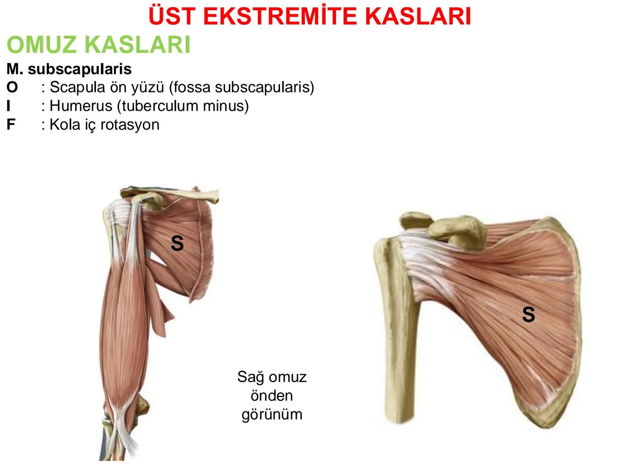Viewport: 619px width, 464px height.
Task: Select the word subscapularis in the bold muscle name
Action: (x=80, y=69)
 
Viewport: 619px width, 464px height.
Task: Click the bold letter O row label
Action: (x=12, y=87)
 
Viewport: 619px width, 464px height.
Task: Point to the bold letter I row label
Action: (x=9, y=106)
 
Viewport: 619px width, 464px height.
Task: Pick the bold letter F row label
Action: (x=11, y=125)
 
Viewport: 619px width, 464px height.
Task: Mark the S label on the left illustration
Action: (x=177, y=244)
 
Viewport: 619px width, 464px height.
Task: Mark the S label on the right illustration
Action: (x=528, y=314)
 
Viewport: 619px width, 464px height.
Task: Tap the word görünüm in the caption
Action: (x=272, y=414)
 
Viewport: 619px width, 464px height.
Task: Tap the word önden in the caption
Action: (x=272, y=396)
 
